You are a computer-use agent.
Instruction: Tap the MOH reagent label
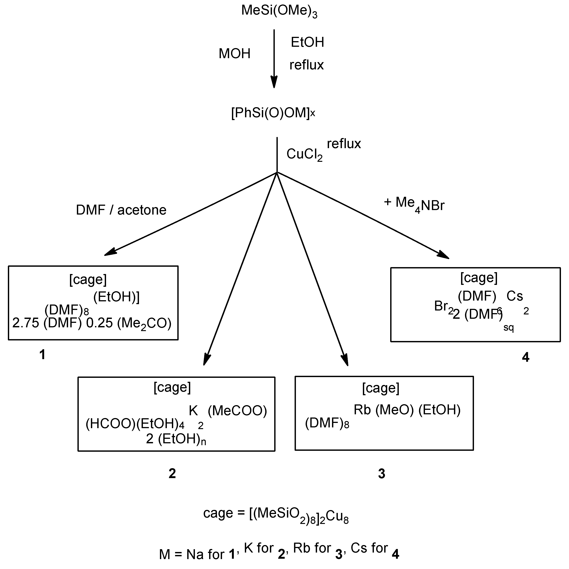234,54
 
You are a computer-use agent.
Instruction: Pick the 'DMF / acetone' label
121,210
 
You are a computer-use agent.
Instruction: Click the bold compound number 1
42,355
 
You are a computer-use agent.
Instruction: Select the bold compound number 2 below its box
172,473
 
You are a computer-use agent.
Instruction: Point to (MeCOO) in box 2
237,411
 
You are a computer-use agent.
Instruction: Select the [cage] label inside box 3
380,388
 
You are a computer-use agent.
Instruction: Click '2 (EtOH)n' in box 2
176,439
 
